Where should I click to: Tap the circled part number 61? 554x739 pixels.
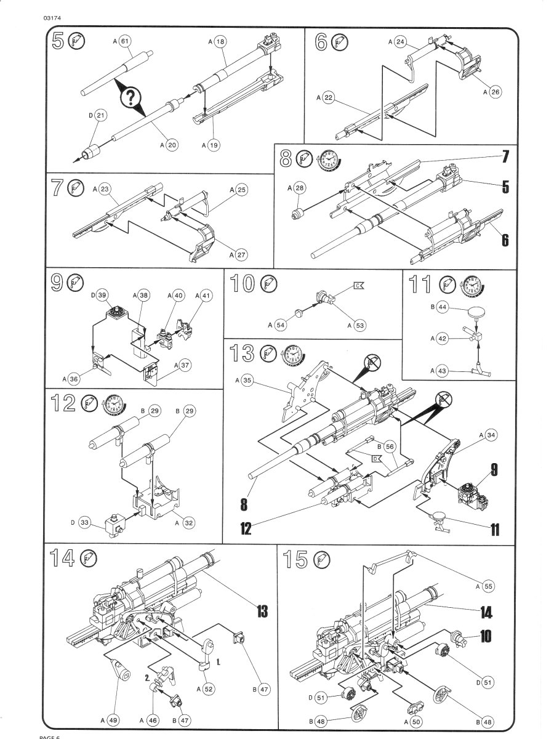(x=125, y=41)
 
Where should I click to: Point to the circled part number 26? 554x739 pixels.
(x=496, y=92)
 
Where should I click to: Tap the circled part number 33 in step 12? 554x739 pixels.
(x=86, y=523)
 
